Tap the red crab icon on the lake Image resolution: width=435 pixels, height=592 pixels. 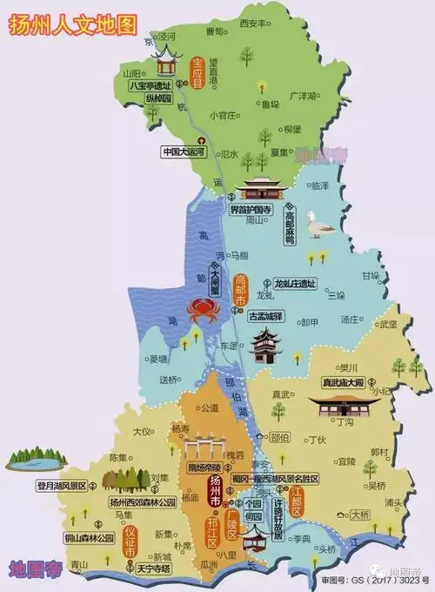(203, 309)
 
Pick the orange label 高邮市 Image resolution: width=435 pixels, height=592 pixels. (241, 287)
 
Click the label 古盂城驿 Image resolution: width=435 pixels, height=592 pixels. (266, 315)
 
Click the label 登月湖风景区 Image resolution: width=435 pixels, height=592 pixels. (61, 486)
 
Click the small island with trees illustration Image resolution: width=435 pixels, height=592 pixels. (36, 458)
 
